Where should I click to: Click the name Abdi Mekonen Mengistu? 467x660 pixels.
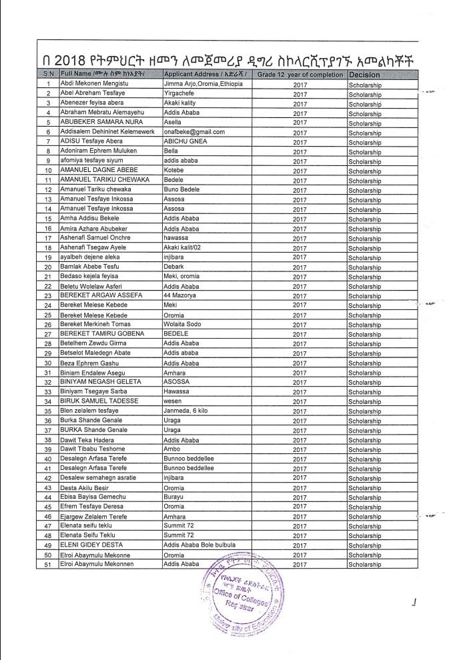tap(97, 85)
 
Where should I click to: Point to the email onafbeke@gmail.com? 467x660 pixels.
tap(194, 132)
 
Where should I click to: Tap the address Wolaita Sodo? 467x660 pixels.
tap(185, 324)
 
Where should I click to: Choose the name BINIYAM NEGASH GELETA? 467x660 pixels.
tap(101, 382)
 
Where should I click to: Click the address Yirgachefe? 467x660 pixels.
tap(181, 94)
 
